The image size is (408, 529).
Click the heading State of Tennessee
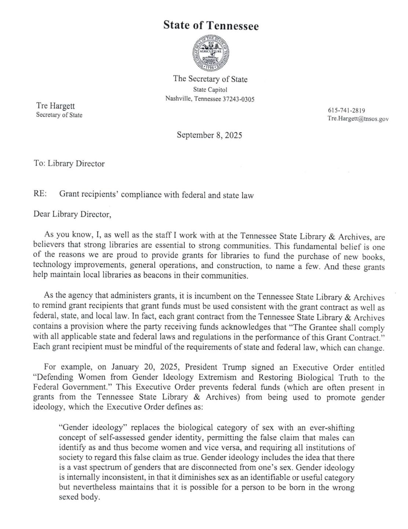click(211, 26)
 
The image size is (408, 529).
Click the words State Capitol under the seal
click(210, 90)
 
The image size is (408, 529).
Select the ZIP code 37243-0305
click(238, 99)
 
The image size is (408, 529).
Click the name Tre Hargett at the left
click(55, 106)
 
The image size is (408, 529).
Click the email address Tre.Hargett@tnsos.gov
click(358, 119)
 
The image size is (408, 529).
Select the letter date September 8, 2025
click(209, 135)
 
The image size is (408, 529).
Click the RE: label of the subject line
click(40, 195)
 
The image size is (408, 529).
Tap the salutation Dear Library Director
click(72, 214)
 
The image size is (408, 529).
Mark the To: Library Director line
click(69, 164)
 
